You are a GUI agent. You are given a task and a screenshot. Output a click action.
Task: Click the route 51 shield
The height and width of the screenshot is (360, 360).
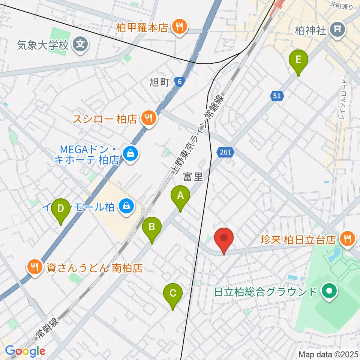click(x=276, y=96)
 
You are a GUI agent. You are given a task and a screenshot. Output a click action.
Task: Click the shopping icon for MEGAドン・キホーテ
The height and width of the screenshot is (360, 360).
click(x=130, y=153)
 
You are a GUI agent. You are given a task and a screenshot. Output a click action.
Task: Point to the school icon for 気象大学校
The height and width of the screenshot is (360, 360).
click(x=80, y=45)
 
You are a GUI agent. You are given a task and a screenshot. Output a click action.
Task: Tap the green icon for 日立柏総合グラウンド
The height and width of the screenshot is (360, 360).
click(x=330, y=292)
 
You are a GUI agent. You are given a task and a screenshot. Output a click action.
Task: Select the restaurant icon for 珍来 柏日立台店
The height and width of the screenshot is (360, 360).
click(x=347, y=239)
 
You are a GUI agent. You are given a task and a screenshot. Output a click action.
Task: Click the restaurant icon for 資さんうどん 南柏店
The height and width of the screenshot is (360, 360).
click(x=35, y=268)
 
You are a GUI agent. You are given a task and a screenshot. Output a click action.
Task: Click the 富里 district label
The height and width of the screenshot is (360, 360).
click(x=193, y=177)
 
